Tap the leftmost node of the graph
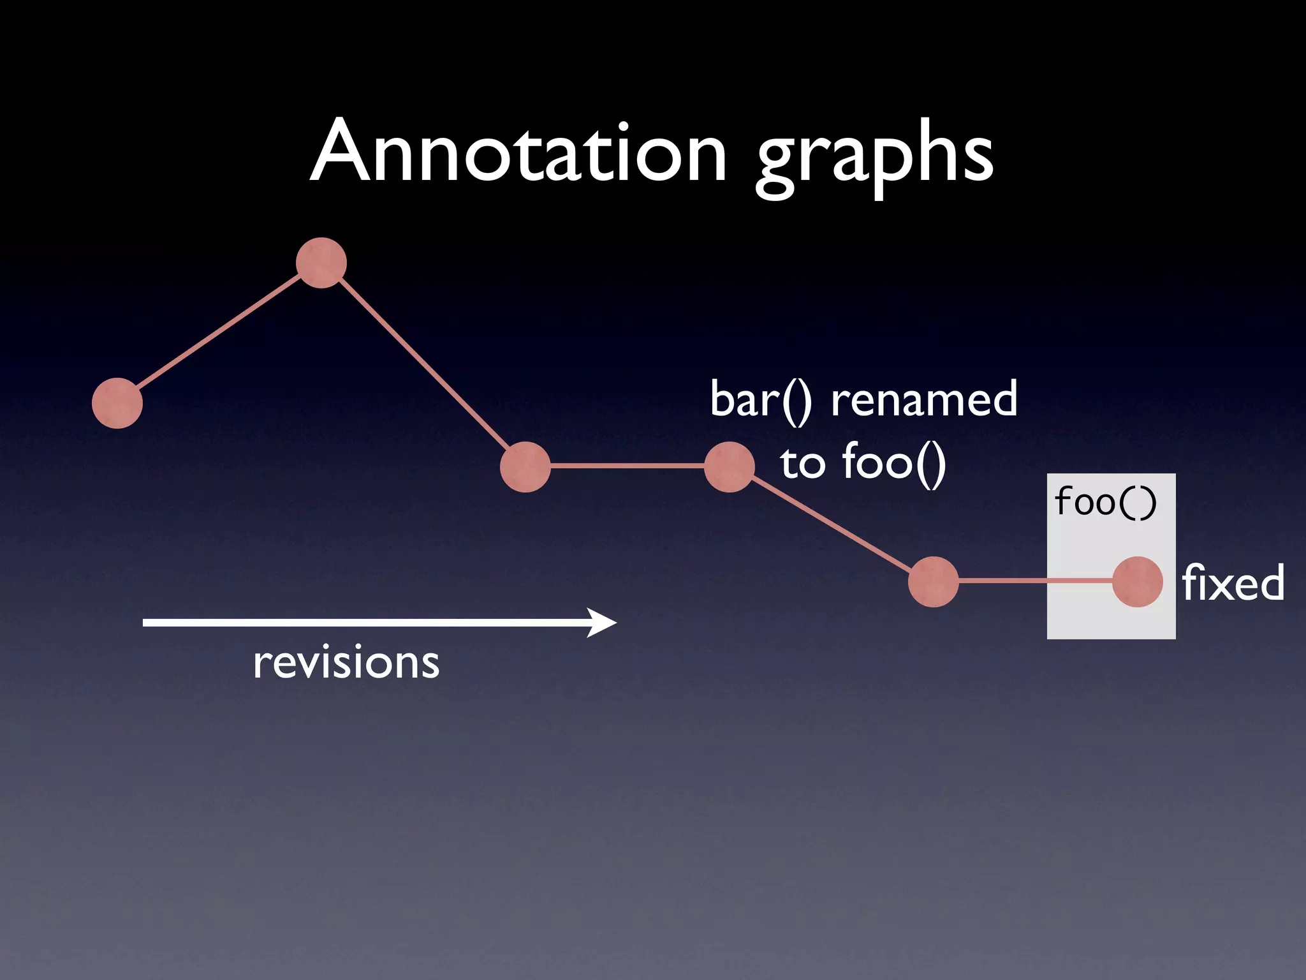click(x=117, y=403)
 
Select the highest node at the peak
click(x=321, y=263)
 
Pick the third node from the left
click(x=525, y=467)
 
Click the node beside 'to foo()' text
click(x=730, y=467)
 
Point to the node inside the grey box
click(x=1138, y=582)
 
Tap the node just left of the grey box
click(x=934, y=582)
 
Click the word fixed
click(x=1233, y=583)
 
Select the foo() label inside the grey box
click(x=1105, y=502)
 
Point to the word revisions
click(x=346, y=662)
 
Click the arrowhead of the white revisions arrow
click(x=603, y=622)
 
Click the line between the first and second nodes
click(x=219, y=333)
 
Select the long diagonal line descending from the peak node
click(x=423, y=365)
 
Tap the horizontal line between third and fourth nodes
click(x=627, y=466)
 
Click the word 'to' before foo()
click(x=803, y=463)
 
